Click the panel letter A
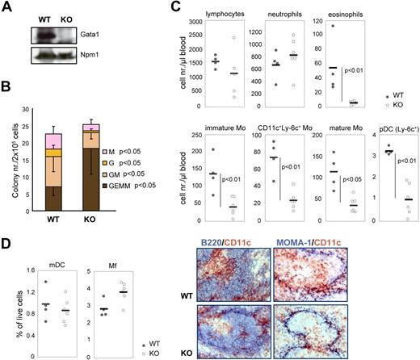[8, 8]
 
